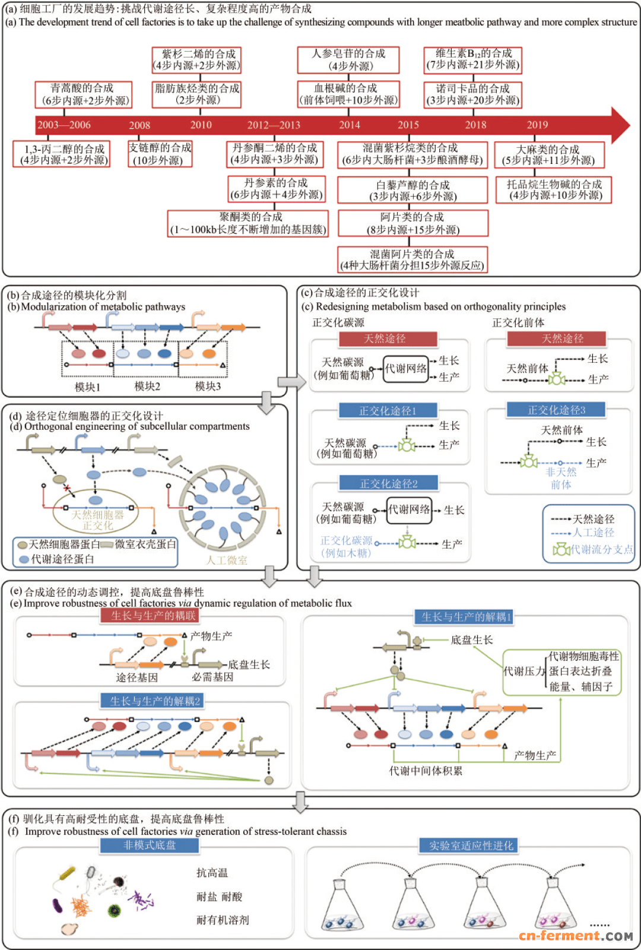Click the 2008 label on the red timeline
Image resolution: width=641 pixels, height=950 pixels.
click(139, 125)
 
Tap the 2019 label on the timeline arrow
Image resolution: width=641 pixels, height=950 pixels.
click(537, 125)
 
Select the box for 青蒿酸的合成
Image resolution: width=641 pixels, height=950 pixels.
click(82, 94)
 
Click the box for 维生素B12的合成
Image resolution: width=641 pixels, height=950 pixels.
click(472, 59)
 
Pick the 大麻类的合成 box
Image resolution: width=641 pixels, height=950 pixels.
click(549, 155)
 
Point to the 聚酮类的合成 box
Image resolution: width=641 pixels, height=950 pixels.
click(248, 223)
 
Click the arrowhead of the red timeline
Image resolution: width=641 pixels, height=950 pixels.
click(620, 125)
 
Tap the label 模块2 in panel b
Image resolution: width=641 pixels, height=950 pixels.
click(147, 386)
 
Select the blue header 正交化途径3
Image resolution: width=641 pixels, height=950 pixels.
click(556, 410)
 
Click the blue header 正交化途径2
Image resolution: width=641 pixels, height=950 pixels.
click(388, 483)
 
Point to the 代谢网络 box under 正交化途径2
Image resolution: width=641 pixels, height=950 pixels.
click(409, 510)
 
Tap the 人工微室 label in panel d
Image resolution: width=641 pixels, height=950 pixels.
click(226, 560)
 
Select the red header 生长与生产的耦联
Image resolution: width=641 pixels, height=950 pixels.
click(153, 615)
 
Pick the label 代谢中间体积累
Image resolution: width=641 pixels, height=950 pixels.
click(426, 771)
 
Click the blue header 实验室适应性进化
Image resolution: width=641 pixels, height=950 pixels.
click(471, 845)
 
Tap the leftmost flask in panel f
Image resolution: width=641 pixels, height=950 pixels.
click(340, 905)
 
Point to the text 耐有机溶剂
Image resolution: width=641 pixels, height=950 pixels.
click(223, 920)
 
